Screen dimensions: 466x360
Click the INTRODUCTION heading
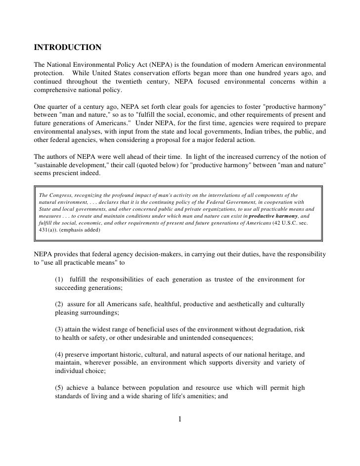68,48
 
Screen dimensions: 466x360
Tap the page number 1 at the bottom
180,420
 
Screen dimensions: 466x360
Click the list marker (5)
60,387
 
